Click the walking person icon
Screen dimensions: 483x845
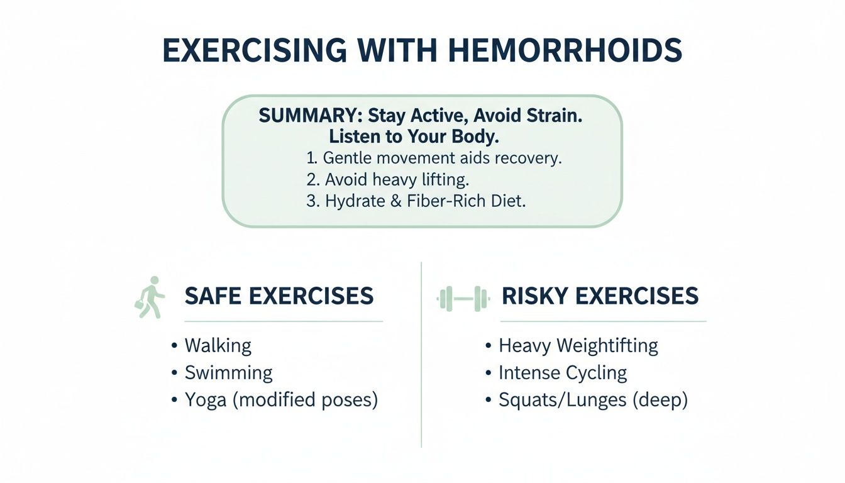(150, 297)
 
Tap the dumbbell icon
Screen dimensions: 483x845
(463, 297)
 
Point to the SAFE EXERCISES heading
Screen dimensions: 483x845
(279, 296)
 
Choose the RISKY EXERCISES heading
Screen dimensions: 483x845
(600, 296)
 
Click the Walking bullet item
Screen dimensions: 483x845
(218, 345)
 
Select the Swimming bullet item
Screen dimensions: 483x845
(228, 373)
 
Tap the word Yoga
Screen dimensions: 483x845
(206, 401)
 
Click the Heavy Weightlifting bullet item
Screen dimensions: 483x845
(578, 345)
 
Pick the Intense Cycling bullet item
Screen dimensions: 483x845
(563, 373)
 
